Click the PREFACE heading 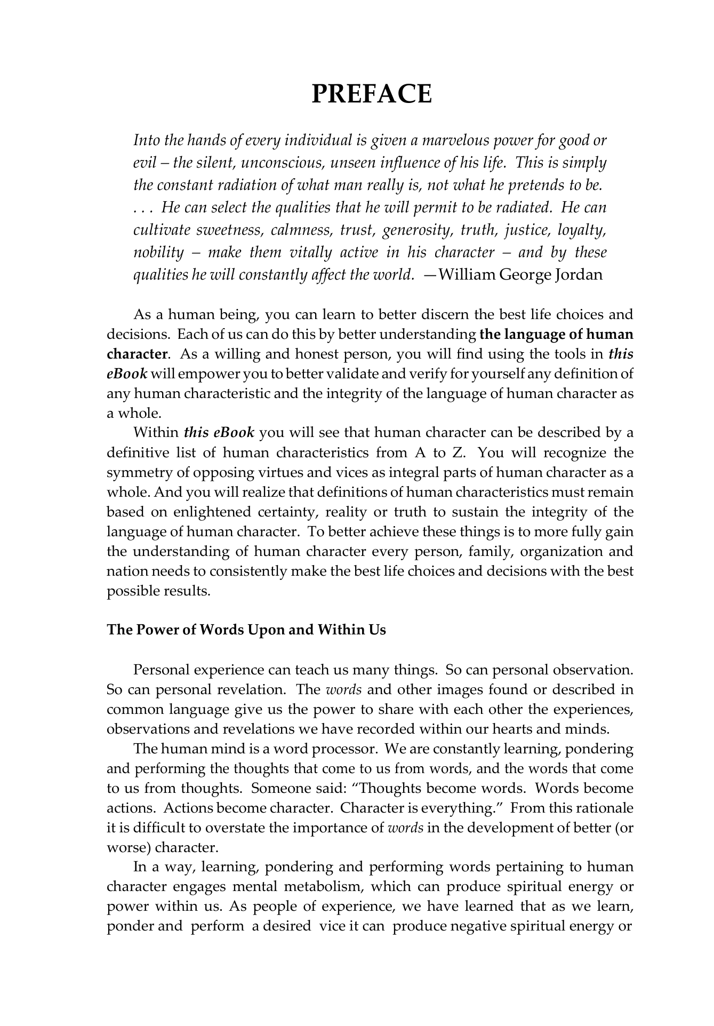tap(371, 94)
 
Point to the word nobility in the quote tap(158, 252)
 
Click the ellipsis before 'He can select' tap(142, 208)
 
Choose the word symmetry tap(136, 473)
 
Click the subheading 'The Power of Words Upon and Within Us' tap(246, 630)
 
